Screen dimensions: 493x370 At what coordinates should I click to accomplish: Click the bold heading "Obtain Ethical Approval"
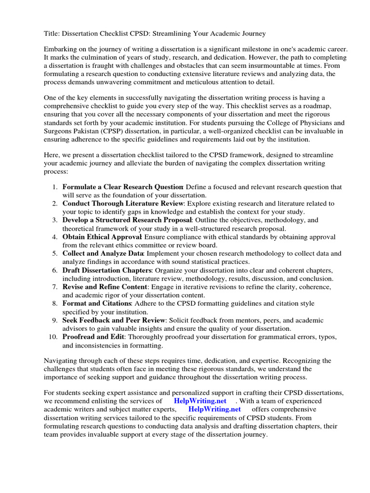click(x=102, y=237)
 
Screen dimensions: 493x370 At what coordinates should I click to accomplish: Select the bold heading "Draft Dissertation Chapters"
click(x=107, y=270)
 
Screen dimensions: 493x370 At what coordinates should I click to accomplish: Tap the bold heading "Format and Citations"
click(x=96, y=303)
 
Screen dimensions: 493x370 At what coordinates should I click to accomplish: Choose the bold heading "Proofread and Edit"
click(x=93, y=337)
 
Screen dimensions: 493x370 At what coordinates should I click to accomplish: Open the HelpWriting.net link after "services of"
click(x=200, y=401)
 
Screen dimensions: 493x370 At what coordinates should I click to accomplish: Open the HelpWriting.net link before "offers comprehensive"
click(x=214, y=409)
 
